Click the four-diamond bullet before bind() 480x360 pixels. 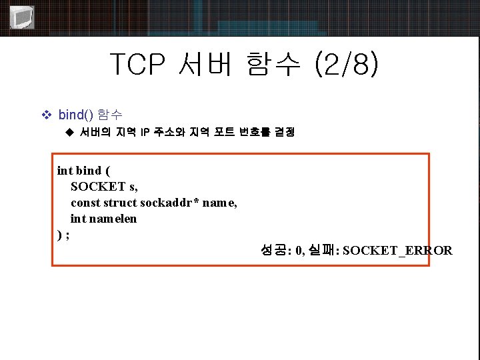coord(46,115)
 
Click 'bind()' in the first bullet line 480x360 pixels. coord(76,115)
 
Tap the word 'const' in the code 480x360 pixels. coord(85,203)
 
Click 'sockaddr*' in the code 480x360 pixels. coord(169,203)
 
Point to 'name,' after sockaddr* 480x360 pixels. coord(219,203)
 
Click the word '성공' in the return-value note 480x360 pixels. coord(273,251)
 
